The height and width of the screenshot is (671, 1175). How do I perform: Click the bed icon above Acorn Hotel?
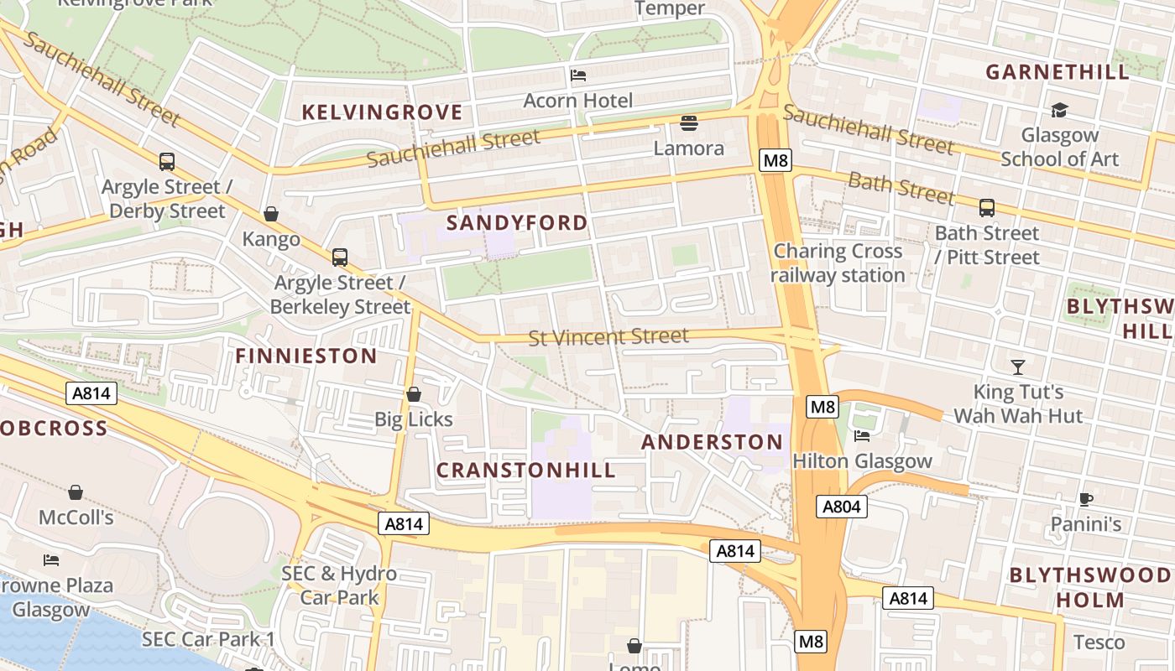click(578, 75)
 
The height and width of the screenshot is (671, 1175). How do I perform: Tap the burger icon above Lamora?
click(689, 123)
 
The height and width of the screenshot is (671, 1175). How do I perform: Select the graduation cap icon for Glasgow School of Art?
click(1059, 110)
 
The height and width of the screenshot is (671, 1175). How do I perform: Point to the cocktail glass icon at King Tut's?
click(1018, 367)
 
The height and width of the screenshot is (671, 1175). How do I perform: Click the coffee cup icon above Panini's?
click(1086, 499)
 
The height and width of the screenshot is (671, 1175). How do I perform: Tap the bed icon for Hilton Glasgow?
click(862, 435)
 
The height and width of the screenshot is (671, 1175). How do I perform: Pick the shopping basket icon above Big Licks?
click(414, 394)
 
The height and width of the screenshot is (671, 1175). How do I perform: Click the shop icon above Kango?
click(271, 215)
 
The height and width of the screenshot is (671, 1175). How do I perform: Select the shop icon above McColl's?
click(76, 492)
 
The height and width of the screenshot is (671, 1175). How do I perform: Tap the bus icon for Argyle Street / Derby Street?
click(167, 161)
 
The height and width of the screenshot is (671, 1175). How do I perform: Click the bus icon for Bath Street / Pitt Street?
click(987, 207)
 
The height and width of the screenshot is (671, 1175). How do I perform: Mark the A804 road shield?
click(842, 507)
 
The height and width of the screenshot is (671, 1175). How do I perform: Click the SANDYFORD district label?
click(517, 223)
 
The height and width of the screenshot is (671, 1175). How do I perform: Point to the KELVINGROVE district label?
click(382, 112)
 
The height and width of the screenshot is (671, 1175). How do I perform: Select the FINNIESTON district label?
click(306, 356)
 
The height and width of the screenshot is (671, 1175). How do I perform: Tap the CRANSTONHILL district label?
click(526, 470)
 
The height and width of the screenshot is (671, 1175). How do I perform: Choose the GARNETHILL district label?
click(1057, 72)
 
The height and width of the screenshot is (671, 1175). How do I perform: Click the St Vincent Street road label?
click(608, 337)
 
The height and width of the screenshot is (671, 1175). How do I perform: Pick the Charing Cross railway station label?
click(838, 263)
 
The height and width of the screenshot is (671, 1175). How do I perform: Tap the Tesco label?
click(1099, 642)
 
